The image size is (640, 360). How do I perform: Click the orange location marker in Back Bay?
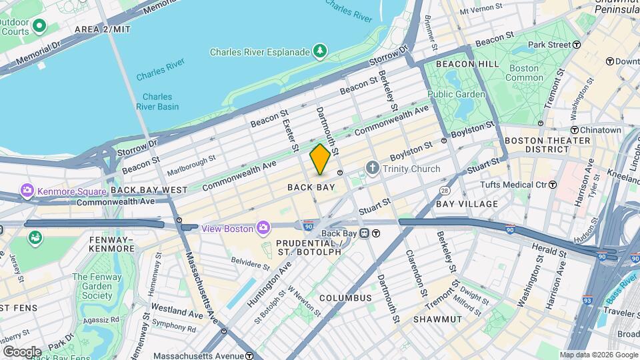click(x=320, y=159)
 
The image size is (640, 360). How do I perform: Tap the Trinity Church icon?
click(x=371, y=169)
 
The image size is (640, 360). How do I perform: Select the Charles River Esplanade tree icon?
click(x=321, y=51)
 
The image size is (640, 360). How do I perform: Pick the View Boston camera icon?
click(x=264, y=229)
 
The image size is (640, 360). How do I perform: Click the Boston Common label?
click(x=525, y=73)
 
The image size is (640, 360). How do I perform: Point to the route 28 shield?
click(x=444, y=191)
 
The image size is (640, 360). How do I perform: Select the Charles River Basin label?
click(x=157, y=101)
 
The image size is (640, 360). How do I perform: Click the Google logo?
click(x=22, y=351)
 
